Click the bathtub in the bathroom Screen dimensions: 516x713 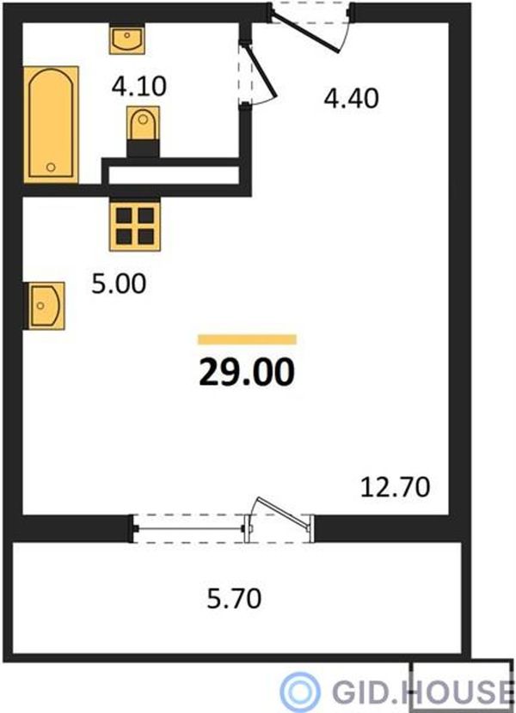point(51,125)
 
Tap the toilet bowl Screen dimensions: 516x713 point(143,123)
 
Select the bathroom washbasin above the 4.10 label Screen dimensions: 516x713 point(126,40)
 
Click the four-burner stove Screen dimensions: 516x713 point(135,226)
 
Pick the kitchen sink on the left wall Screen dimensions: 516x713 point(46,306)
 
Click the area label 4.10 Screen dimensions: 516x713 point(139,87)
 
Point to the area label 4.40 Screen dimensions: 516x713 point(351,99)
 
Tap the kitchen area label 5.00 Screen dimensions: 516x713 point(119,284)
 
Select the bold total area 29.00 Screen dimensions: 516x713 point(247,373)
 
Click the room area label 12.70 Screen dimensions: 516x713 point(396,487)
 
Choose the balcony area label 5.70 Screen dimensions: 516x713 point(234,599)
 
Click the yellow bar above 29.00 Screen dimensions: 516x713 point(248,339)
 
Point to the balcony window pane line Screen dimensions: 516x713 point(190,529)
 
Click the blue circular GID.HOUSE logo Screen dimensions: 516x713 point(299,691)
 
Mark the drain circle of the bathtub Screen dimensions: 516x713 point(51,168)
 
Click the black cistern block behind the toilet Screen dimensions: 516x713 point(143,149)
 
